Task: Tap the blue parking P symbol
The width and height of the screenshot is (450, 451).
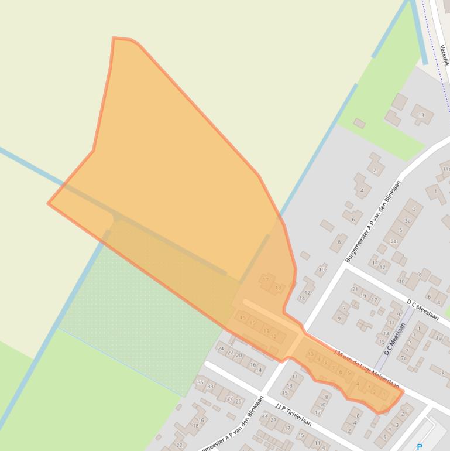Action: [420, 447]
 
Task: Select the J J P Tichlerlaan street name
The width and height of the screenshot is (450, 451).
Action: [293, 414]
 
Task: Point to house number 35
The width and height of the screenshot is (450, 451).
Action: [200, 382]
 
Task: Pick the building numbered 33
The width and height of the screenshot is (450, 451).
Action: [210, 387]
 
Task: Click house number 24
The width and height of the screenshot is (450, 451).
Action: [221, 348]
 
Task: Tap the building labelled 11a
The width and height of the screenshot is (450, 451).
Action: [446, 168]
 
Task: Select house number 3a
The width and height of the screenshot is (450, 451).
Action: [408, 220]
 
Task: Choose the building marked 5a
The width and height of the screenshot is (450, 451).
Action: [394, 241]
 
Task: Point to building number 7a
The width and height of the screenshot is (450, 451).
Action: [403, 358]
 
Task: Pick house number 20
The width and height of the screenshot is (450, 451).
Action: [239, 356]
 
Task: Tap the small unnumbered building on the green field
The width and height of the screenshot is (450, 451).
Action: [359, 123]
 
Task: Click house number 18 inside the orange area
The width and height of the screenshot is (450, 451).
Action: [278, 288]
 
